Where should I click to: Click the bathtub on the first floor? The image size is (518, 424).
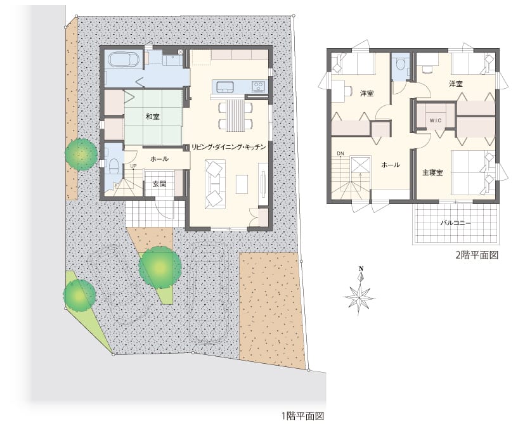point(123,60)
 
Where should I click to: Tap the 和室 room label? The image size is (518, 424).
point(153,117)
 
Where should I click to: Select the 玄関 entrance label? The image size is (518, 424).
point(159,184)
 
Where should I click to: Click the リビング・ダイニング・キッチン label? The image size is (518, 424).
point(229,147)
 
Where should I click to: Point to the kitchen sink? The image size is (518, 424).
point(225,87)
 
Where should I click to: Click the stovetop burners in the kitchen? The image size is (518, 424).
point(258,87)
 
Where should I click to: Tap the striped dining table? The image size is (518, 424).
point(236,115)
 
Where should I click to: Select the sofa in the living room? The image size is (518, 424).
point(215,184)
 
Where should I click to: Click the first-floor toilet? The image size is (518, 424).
point(113,163)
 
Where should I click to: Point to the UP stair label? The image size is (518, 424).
point(133,166)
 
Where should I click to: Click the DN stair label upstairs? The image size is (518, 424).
point(340,153)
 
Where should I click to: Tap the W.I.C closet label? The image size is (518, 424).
point(436,120)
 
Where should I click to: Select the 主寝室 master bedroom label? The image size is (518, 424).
point(432,172)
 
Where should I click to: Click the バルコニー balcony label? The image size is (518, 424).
point(456,223)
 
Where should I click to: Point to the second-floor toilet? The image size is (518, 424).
point(401,63)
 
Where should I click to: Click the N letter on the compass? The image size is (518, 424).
point(361,269)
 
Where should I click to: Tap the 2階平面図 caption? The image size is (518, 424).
point(477,255)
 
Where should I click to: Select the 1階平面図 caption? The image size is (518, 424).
point(303,416)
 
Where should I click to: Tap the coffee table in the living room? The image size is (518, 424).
point(242,184)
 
